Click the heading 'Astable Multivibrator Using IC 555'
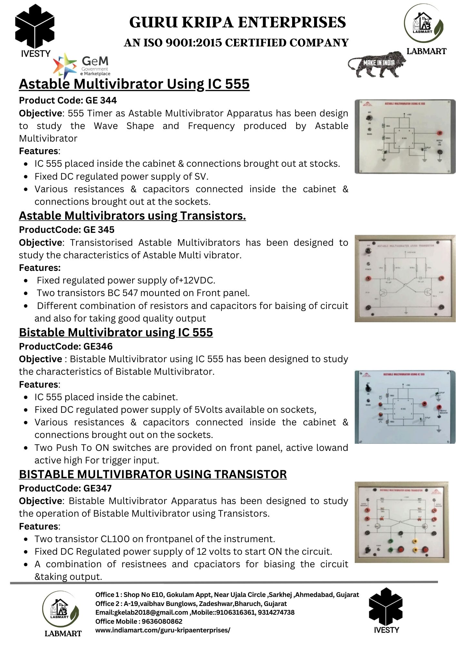134,84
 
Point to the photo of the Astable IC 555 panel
405,136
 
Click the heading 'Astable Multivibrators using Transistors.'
132,215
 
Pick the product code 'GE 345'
99,230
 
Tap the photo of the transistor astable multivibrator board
405,278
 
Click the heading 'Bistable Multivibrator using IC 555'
116,332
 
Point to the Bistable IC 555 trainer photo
405,407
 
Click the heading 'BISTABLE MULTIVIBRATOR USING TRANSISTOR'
153,474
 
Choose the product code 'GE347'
97,488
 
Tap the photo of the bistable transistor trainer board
401,522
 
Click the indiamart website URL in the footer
163,630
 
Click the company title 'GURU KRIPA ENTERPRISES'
238,22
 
